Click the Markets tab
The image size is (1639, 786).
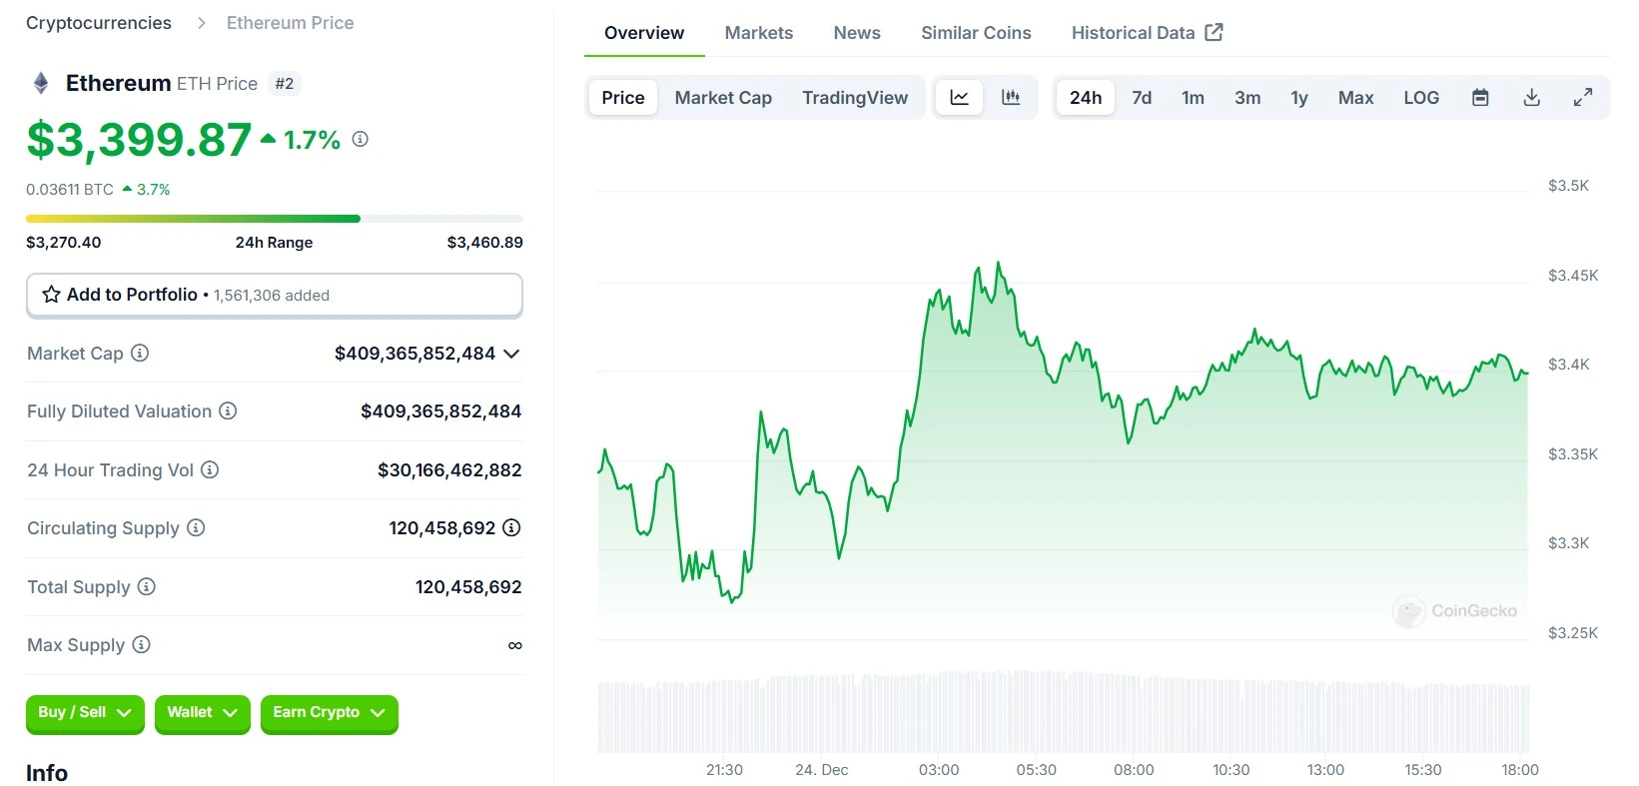coord(758,33)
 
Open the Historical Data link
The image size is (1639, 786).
coord(1146,33)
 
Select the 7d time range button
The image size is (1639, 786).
coord(1142,98)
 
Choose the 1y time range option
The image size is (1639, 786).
coord(1298,98)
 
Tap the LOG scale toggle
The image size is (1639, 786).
coord(1420,98)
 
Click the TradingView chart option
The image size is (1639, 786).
coord(854,98)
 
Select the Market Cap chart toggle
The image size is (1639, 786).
coord(723,98)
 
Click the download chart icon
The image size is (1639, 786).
coord(1531,98)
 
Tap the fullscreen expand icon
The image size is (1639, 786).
coord(1582,98)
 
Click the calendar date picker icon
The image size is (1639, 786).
coord(1480,98)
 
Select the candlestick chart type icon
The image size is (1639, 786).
coord(1011,98)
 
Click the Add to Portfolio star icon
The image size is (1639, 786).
coord(52,295)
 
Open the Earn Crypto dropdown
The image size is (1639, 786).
coord(329,713)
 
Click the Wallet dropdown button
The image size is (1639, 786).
coord(202,713)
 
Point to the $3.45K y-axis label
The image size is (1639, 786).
coord(1572,276)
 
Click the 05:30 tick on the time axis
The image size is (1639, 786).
coord(1036,770)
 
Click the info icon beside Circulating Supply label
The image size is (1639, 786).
coord(196,528)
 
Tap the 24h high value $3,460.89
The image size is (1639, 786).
coord(484,243)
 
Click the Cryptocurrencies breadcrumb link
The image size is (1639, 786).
coord(99,23)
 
